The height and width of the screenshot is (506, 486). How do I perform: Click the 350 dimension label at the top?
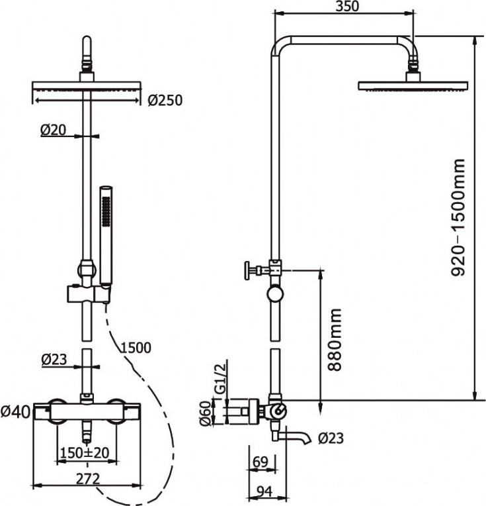347,6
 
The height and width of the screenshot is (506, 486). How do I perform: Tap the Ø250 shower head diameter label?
165,100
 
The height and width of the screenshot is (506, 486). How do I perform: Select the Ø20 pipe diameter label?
53,130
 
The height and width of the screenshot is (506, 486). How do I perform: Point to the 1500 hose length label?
136,348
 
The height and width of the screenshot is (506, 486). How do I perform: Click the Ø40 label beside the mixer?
15,411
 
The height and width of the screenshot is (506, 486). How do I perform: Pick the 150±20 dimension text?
85,452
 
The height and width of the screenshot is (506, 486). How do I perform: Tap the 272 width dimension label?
88,479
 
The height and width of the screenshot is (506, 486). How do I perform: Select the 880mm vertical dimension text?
334,340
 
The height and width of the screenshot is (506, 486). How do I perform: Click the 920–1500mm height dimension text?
458,217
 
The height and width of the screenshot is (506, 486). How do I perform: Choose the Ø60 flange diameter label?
206,413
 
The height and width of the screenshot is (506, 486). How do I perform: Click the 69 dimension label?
261,462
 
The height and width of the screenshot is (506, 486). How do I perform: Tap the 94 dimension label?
265,491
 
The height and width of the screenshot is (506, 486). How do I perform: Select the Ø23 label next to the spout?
331,438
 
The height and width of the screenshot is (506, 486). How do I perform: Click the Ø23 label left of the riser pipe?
54,360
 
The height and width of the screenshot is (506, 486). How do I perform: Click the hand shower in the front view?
106,236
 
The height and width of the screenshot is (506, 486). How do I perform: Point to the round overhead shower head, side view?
413,85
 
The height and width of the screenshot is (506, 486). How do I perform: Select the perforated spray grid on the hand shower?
106,211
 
